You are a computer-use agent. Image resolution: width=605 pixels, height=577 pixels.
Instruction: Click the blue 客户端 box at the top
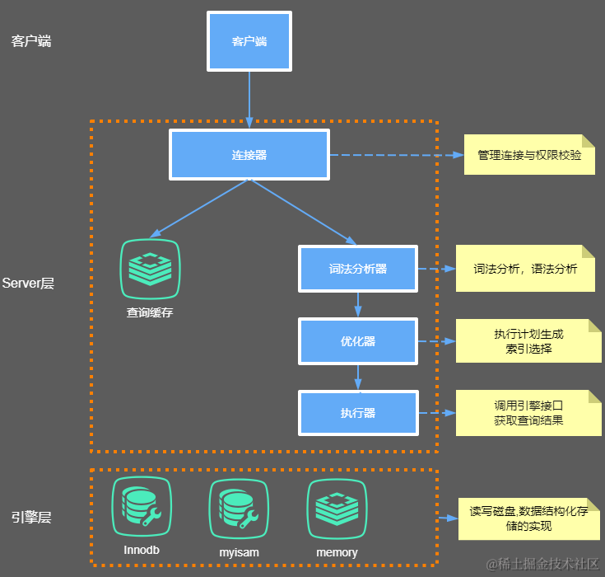(249, 40)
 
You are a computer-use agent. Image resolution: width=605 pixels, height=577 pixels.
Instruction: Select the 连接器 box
(249, 154)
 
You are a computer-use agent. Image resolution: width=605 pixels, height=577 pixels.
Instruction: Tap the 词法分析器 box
(357, 269)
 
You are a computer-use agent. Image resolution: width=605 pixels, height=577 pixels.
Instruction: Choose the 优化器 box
(357, 341)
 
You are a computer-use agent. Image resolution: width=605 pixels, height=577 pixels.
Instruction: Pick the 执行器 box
(357, 413)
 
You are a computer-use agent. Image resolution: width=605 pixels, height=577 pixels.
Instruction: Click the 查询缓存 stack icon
(150, 269)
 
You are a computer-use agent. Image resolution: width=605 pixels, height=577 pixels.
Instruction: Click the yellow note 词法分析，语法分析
(525, 269)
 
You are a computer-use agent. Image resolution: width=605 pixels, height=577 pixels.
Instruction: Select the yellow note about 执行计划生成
(528, 341)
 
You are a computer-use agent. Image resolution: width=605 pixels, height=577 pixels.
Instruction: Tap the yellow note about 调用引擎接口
(528, 413)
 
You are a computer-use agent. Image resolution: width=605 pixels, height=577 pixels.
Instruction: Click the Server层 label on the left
(28, 283)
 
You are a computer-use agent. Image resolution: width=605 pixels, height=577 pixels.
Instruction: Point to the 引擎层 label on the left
(31, 518)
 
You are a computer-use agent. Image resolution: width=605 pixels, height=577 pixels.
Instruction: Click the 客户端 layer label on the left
(31, 40)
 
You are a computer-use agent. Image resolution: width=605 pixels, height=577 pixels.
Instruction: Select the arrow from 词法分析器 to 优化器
(357, 305)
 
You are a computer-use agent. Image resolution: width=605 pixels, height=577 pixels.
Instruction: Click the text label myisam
(239, 551)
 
